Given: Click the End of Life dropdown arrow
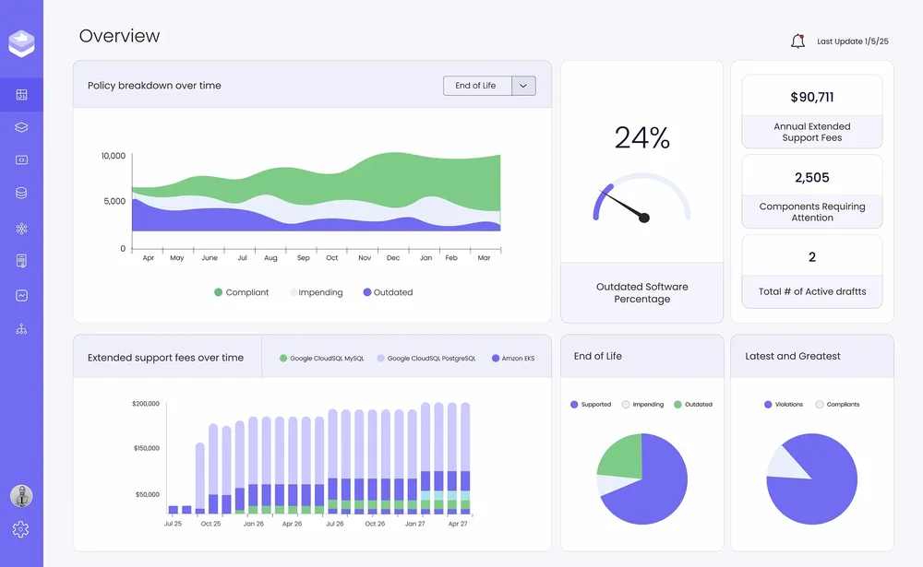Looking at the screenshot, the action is tap(523, 86).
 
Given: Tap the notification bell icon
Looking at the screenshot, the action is tap(797, 41).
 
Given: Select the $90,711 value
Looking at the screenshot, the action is tap(811, 97).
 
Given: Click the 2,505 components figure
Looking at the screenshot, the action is tap(811, 178).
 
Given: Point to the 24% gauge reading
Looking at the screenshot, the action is tap(642, 137).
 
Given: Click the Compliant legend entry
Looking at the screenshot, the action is tap(241, 292).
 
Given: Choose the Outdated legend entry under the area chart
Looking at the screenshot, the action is tap(388, 292).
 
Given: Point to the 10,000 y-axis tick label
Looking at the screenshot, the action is tap(113, 156).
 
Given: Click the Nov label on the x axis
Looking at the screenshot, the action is tap(365, 257).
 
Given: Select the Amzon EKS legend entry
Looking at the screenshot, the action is tap(513, 359).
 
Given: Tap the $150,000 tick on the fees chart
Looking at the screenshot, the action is tap(147, 448).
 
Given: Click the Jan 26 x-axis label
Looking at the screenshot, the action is tap(254, 524).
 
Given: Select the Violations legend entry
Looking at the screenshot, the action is tap(784, 405).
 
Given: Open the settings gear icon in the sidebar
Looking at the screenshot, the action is tap(20, 529).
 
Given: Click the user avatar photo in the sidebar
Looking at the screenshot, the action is tap(21, 496).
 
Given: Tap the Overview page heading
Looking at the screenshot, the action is tap(119, 36).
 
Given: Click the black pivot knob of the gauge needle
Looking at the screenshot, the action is tap(644, 218).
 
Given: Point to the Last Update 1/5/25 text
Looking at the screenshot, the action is tap(852, 41).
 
